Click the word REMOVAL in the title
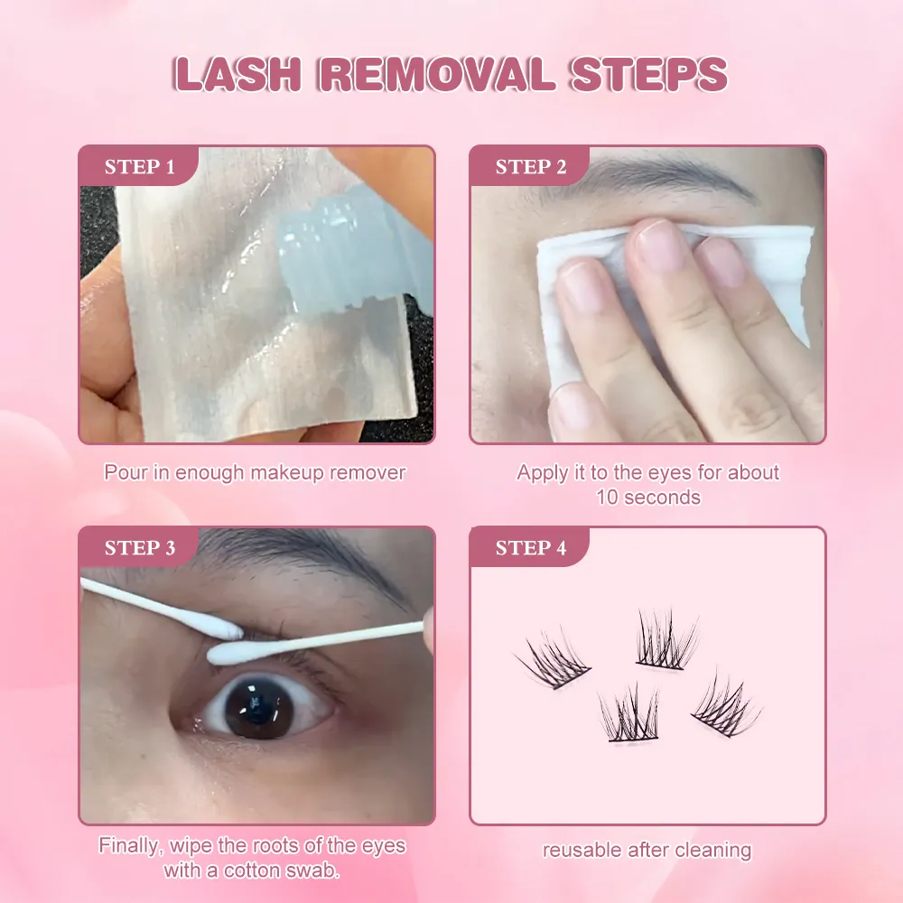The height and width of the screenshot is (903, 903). pyautogui.click(x=439, y=74)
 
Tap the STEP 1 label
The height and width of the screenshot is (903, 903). pyautogui.click(x=140, y=167)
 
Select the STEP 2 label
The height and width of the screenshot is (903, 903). pyautogui.click(x=531, y=167)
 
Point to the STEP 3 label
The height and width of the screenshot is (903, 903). pyautogui.click(x=140, y=548)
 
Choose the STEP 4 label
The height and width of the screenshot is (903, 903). pyautogui.click(x=531, y=548)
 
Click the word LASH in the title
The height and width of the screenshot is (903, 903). pyautogui.click(x=239, y=74)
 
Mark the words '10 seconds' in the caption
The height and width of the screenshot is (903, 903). pyautogui.click(x=647, y=497)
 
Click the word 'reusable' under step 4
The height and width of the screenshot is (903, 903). pyautogui.click(x=582, y=850)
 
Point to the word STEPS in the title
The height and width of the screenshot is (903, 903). pyautogui.click(x=648, y=74)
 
